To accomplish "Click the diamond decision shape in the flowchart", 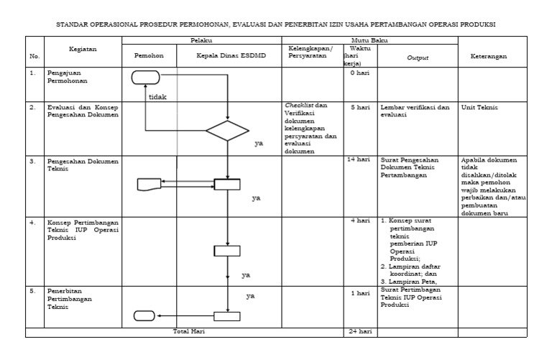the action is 227,131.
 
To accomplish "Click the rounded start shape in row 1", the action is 147,77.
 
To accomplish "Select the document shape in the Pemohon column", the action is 149,184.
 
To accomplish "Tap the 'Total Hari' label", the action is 188,332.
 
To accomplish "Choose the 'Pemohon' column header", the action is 149,55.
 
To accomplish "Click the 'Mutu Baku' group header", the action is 370,42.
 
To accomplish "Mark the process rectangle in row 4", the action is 227,250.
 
